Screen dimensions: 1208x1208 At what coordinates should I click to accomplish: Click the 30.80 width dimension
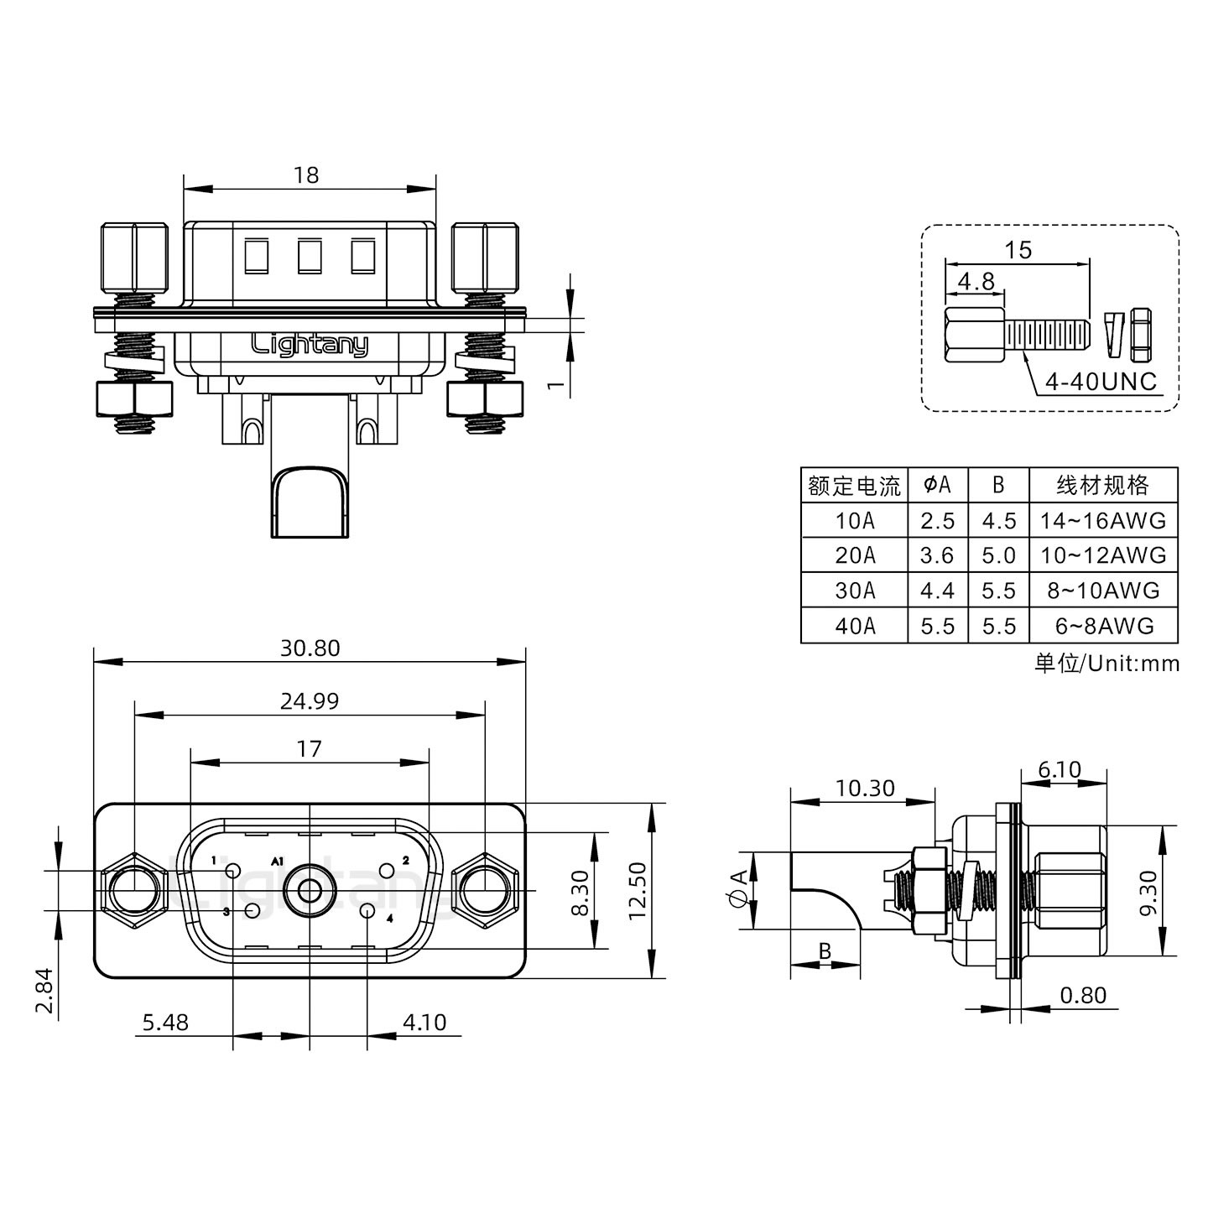pyautogui.click(x=310, y=648)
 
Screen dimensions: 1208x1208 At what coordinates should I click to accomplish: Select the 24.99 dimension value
pyautogui.click(x=310, y=701)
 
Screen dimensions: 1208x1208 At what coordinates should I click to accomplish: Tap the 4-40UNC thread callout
pyautogui.click(x=1100, y=383)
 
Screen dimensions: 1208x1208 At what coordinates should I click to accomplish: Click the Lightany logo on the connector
pyautogui.click(x=310, y=344)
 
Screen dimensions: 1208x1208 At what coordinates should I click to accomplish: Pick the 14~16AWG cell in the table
pyautogui.click(x=1102, y=521)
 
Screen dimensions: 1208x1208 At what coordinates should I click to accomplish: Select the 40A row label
pyautogui.click(x=854, y=626)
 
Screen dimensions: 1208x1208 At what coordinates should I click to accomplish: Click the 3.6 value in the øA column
pyautogui.click(x=937, y=555)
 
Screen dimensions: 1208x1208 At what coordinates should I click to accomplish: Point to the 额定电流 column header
pyautogui.click(x=854, y=486)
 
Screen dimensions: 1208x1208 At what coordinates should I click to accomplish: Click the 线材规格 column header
pyautogui.click(x=1102, y=485)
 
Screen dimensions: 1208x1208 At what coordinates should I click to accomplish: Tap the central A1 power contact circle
pyautogui.click(x=310, y=890)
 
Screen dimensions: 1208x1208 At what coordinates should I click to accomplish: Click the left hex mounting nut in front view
pyautogui.click(x=134, y=890)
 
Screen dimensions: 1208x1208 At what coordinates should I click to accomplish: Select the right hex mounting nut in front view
pyautogui.click(x=485, y=890)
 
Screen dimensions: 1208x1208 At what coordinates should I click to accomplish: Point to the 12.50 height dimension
pyautogui.click(x=638, y=890)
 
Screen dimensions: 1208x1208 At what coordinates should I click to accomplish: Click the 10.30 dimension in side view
pyautogui.click(x=864, y=789)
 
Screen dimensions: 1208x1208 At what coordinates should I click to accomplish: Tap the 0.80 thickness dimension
pyautogui.click(x=1083, y=995)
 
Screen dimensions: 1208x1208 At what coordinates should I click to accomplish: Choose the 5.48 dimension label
pyautogui.click(x=165, y=1023)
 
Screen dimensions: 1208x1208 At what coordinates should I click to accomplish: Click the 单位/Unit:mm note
pyautogui.click(x=1106, y=664)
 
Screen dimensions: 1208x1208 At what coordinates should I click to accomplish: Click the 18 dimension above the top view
pyautogui.click(x=306, y=174)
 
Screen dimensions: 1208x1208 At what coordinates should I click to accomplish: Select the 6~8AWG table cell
pyautogui.click(x=1102, y=626)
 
